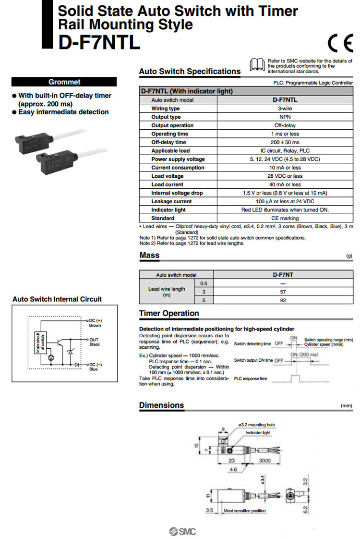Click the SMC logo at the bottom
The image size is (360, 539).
coord(182,531)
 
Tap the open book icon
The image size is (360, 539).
coord(257,64)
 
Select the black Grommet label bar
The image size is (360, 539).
coord(64,82)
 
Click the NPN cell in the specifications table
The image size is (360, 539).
coord(285,117)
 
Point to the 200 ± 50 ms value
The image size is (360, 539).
coord(285,142)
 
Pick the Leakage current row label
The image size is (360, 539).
coord(171,201)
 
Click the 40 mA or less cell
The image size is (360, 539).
coord(285,184)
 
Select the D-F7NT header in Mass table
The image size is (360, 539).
coord(283,275)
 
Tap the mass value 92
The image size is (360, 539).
coord(283,300)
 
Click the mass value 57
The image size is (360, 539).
coord(283,292)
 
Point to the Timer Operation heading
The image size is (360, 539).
coord(169,314)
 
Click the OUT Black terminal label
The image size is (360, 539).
coord(95,342)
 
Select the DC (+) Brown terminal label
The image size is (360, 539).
coord(95,323)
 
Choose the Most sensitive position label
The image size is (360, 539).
coord(244,511)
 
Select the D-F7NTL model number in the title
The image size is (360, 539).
coord(99,42)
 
